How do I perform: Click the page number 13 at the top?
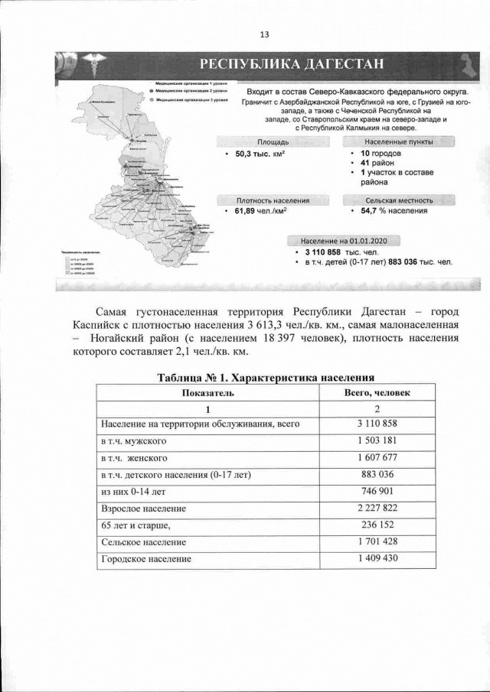coord(264,34)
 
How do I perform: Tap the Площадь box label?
coord(273,142)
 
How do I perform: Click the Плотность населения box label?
coord(273,200)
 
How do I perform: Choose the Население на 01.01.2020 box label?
coord(344,241)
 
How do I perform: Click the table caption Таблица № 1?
coord(265,378)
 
